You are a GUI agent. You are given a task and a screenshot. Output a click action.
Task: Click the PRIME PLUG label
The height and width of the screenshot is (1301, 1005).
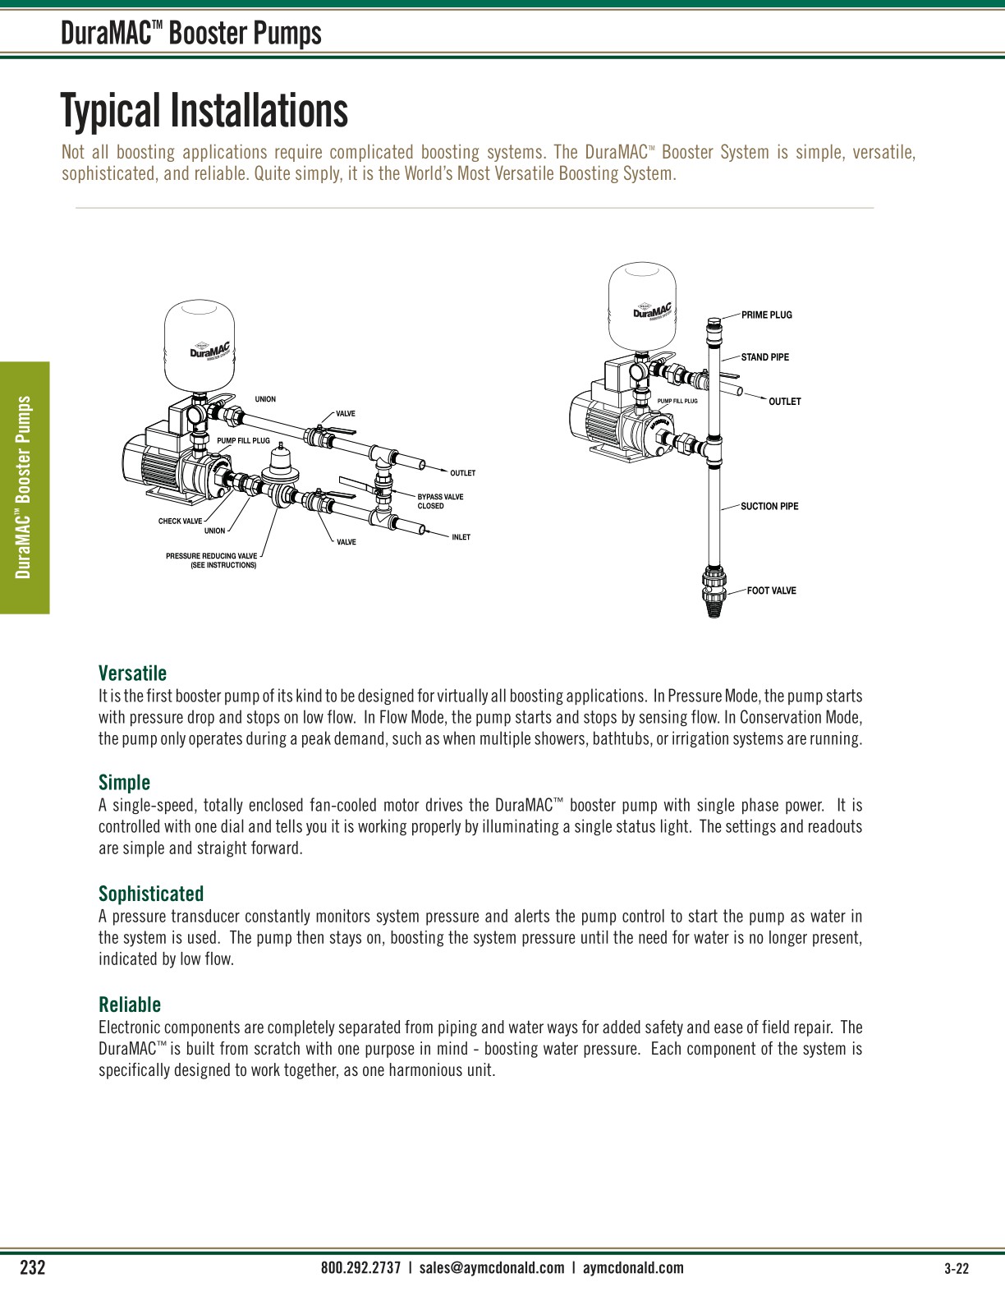[x=766, y=315]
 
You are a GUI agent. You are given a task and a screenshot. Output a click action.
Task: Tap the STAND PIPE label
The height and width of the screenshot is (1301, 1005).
[x=764, y=357]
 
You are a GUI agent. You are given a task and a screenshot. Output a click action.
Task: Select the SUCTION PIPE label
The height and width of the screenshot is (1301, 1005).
[x=769, y=506]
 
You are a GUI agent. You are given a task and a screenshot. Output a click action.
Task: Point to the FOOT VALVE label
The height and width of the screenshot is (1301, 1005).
[x=771, y=591]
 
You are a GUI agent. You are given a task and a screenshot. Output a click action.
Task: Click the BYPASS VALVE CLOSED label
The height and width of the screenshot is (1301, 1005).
[x=440, y=501]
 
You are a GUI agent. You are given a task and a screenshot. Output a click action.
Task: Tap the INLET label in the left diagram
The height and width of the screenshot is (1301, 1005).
[x=461, y=537]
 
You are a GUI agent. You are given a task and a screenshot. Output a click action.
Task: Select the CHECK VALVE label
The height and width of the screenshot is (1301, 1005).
[x=180, y=521]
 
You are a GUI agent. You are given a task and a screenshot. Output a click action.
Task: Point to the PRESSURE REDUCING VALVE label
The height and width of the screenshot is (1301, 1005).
[x=211, y=560]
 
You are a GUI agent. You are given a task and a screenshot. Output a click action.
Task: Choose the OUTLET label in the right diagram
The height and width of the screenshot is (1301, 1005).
[x=784, y=402]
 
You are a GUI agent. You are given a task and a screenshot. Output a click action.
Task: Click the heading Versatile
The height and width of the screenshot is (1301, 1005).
[x=132, y=673]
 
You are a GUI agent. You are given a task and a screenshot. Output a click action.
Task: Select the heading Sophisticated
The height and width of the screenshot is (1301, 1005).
[x=151, y=894]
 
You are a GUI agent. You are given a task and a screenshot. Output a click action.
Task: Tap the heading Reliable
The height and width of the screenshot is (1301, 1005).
[x=130, y=1004]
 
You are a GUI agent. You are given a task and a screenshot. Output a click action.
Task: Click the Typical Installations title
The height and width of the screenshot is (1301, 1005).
[x=204, y=111]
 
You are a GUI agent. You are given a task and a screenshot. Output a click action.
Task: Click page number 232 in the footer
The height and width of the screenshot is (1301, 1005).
[x=32, y=1267]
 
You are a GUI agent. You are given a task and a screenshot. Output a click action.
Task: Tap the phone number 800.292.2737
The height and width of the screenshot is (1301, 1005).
[x=360, y=1267]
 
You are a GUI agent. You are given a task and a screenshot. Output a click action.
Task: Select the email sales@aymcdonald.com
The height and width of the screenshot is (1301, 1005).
[x=491, y=1267]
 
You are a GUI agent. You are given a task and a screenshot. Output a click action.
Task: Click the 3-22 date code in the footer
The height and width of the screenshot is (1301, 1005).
[x=957, y=1268]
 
